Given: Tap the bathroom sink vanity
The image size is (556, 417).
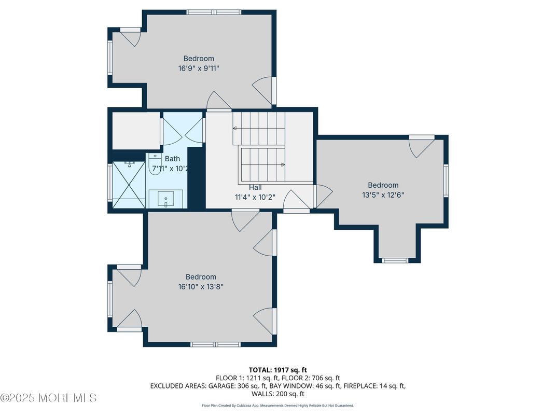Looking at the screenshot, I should pos(166,198).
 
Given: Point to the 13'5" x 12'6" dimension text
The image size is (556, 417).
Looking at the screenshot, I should pos(383,194).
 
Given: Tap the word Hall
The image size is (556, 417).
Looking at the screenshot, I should pos(255,187).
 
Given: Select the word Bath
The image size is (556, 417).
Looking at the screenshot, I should pos(172,159).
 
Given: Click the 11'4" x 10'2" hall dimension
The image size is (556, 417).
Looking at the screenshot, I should pos(255,197).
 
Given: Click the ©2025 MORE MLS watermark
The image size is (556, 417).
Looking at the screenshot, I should pos(48,398).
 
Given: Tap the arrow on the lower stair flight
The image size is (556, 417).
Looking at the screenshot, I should pos(283,165).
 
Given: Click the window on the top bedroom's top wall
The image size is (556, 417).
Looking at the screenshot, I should pos(213,12).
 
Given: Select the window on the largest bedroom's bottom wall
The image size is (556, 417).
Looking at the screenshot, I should pos(215,344).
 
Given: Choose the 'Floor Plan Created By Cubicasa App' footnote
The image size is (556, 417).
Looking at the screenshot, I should pos(277,406).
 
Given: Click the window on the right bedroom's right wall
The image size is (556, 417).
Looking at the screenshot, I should pos(446,181).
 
